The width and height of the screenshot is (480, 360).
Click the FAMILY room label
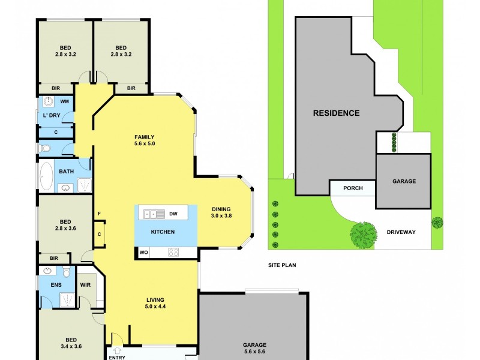(144, 137)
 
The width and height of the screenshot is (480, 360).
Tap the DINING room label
(221, 209)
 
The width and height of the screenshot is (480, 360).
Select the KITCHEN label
(163, 232)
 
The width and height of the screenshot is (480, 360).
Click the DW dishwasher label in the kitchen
(173, 213)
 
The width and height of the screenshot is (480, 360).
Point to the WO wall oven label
(143, 253)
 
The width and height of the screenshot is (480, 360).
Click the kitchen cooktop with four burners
(174, 253)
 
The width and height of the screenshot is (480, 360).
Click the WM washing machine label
(64, 102)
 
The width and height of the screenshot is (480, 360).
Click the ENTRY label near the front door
(118, 357)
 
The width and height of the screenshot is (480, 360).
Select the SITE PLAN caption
(282, 265)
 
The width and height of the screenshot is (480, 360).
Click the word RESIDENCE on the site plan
(336, 113)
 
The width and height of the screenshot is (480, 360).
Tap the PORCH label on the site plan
(353, 188)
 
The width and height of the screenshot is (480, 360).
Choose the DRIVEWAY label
(401, 232)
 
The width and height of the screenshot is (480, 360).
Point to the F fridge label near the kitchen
(98, 214)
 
